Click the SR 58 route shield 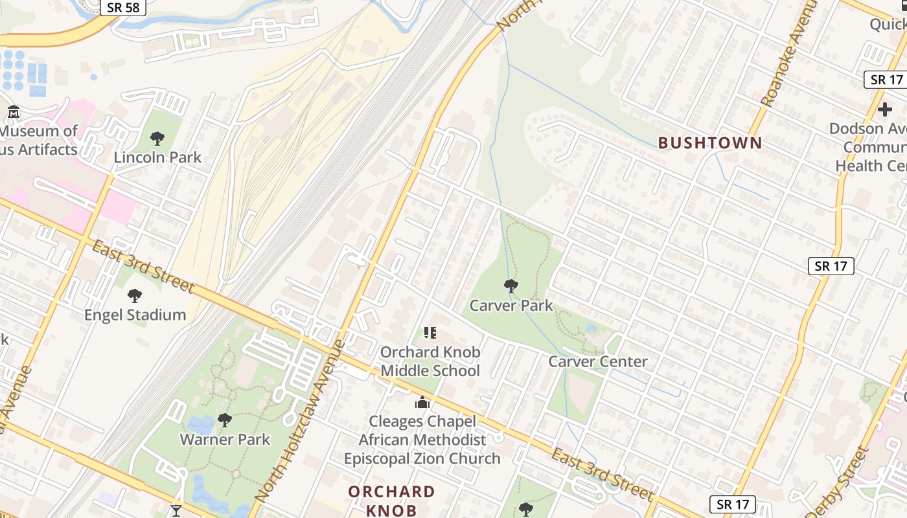pos(122,7)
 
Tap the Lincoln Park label pos(157,157)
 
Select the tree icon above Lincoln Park pos(157,138)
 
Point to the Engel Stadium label pos(135,315)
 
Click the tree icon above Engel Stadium pos(135,296)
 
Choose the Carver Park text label pos(511,306)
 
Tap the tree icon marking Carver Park pos(511,286)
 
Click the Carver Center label pos(597,362)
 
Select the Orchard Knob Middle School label pos(430,361)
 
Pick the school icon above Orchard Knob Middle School pos(430,333)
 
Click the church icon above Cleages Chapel pos(422,402)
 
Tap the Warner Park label pos(225,440)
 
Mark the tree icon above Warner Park pos(225,420)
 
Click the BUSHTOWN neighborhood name pos(710,143)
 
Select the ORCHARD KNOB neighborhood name pos(391,501)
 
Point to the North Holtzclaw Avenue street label pos(300,421)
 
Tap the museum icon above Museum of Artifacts pos(14,112)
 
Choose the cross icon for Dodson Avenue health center pos(884,109)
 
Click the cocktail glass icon pos(176,511)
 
